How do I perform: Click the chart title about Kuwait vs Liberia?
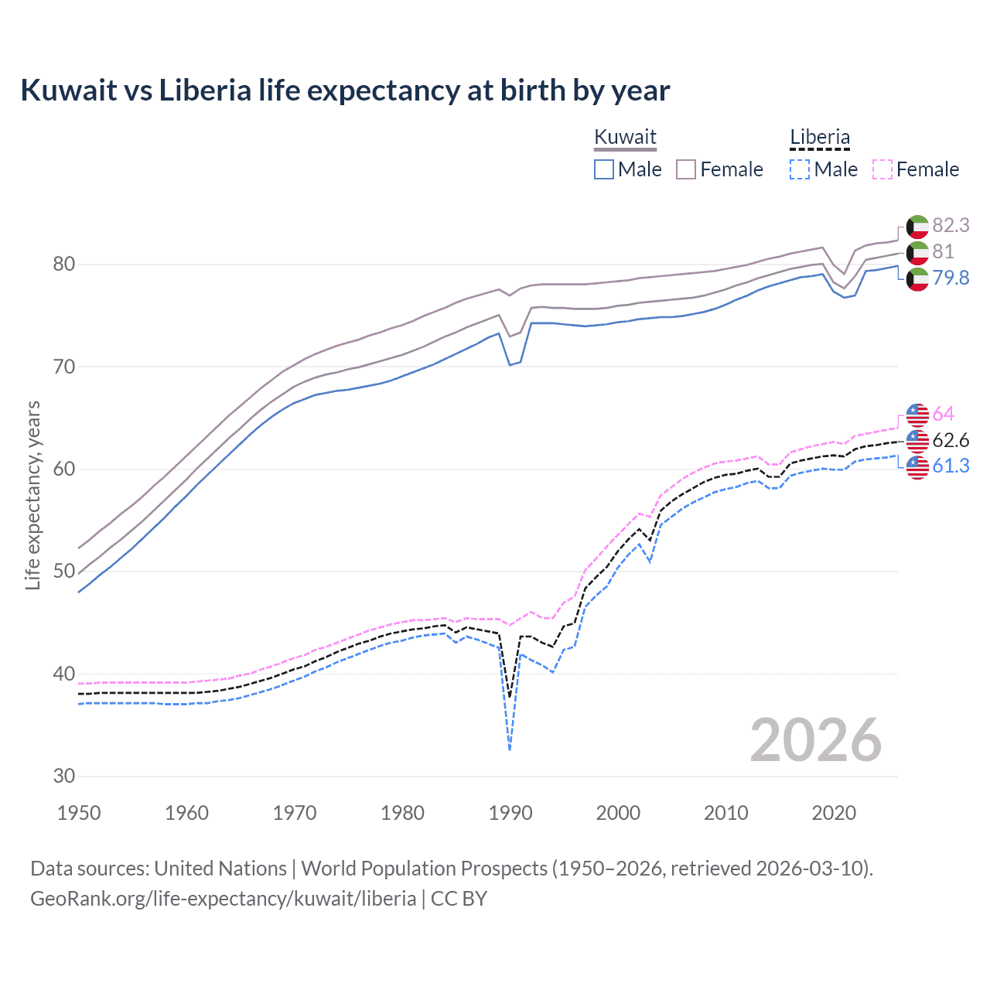(x=345, y=90)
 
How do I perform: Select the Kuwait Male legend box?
(x=604, y=169)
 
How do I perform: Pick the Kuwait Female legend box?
(x=686, y=169)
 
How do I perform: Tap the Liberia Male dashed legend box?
(x=800, y=169)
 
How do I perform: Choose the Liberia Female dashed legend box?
(x=882, y=169)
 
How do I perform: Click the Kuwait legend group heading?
(x=625, y=138)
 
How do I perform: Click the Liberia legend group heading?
(x=819, y=138)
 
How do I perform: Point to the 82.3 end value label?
(x=951, y=225)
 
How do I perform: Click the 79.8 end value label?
(x=951, y=278)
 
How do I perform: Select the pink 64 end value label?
(x=943, y=414)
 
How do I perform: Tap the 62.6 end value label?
(x=951, y=440)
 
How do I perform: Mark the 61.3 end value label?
(x=951, y=466)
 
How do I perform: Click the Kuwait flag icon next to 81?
(x=917, y=252)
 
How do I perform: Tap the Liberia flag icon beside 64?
(x=917, y=415)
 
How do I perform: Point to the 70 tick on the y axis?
(x=64, y=367)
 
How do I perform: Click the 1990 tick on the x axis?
(x=510, y=813)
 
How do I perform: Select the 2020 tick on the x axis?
(x=834, y=813)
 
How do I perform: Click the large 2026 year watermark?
(x=816, y=740)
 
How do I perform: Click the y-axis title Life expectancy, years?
(x=32, y=495)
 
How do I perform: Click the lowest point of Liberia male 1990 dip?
(x=510, y=749)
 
